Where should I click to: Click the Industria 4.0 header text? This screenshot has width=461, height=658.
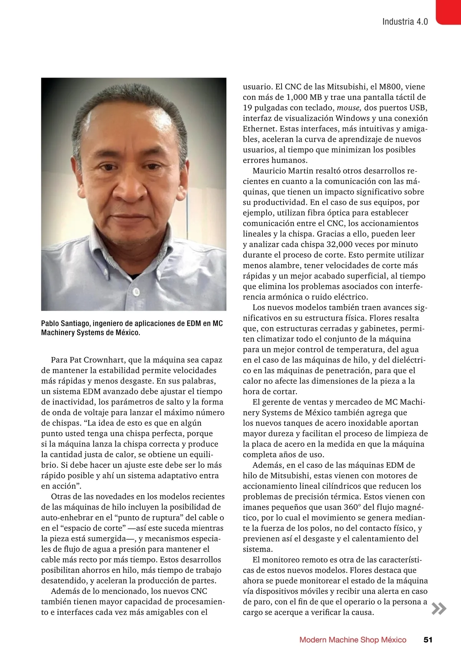(405, 21)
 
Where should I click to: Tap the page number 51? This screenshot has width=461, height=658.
(428, 640)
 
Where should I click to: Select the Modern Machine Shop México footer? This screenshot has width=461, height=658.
(353, 640)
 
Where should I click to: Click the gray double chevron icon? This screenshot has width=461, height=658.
(439, 609)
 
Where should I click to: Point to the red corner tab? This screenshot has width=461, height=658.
(448, 12)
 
